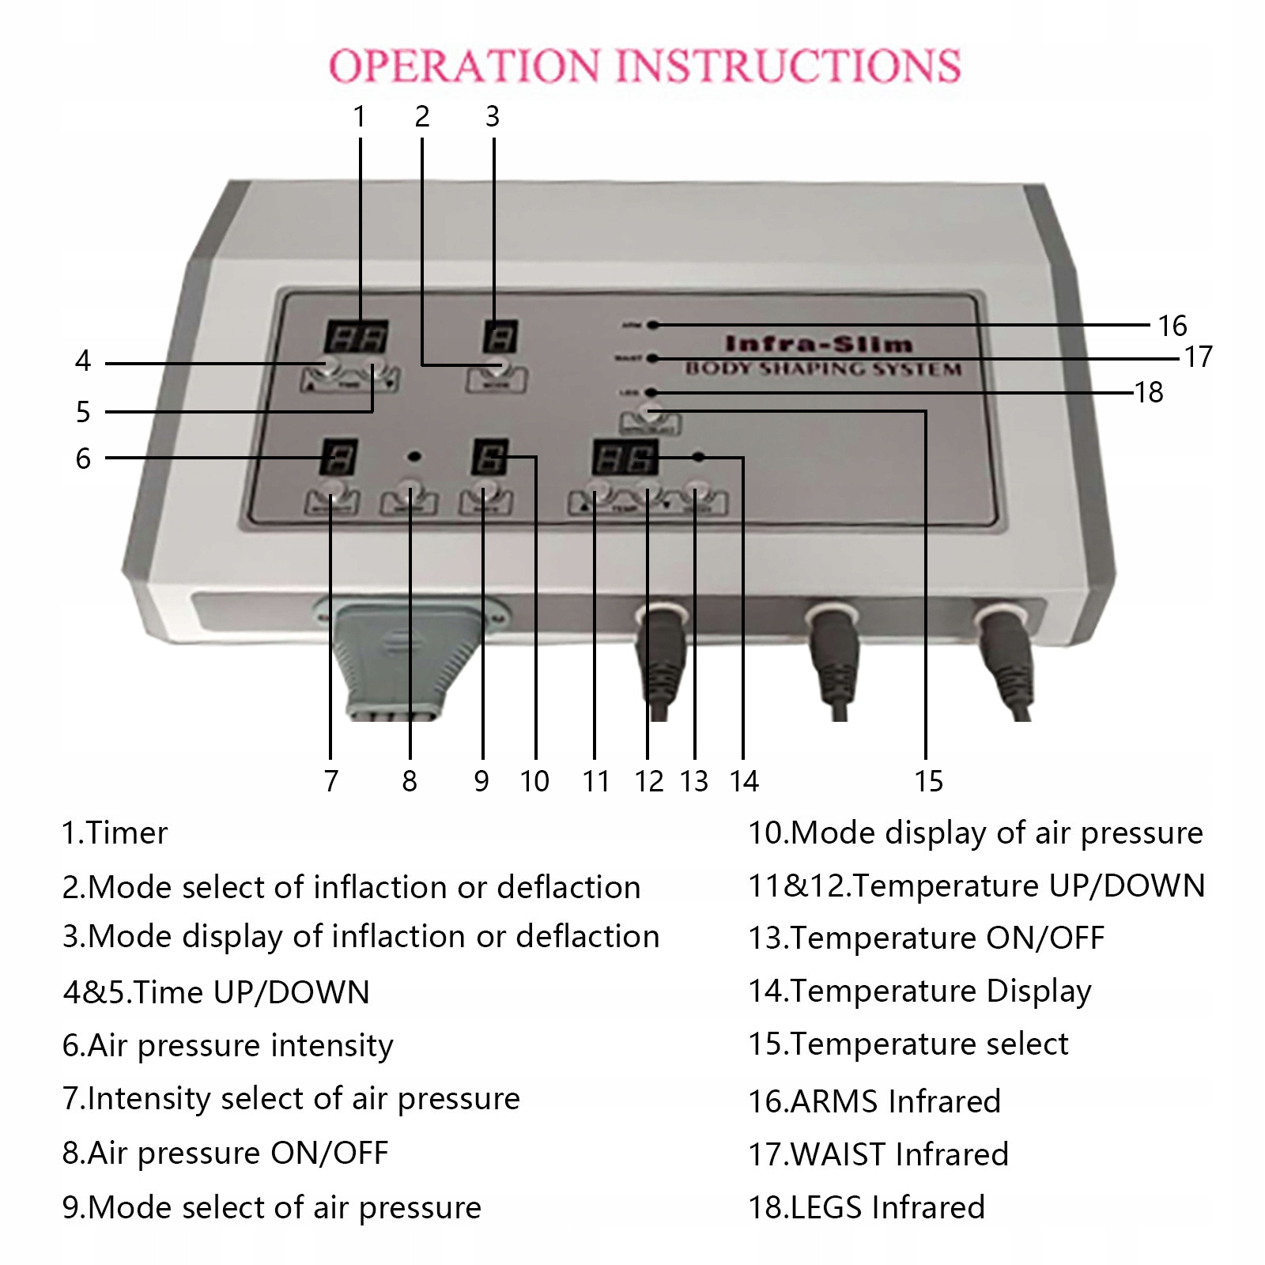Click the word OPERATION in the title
464,66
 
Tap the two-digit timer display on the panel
355,337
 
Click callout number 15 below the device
928,781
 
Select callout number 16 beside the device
1172,325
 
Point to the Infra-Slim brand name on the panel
819,344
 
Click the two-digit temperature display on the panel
625,456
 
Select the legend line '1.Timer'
115,833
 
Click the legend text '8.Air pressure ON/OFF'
225,1154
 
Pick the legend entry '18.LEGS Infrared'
867,1207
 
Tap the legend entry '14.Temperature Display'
919,991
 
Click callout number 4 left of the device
83,361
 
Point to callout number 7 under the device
330,781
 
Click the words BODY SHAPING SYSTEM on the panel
823,368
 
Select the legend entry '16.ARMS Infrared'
874,1101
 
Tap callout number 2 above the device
422,117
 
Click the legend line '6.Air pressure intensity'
228,1045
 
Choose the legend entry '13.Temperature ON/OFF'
926,938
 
